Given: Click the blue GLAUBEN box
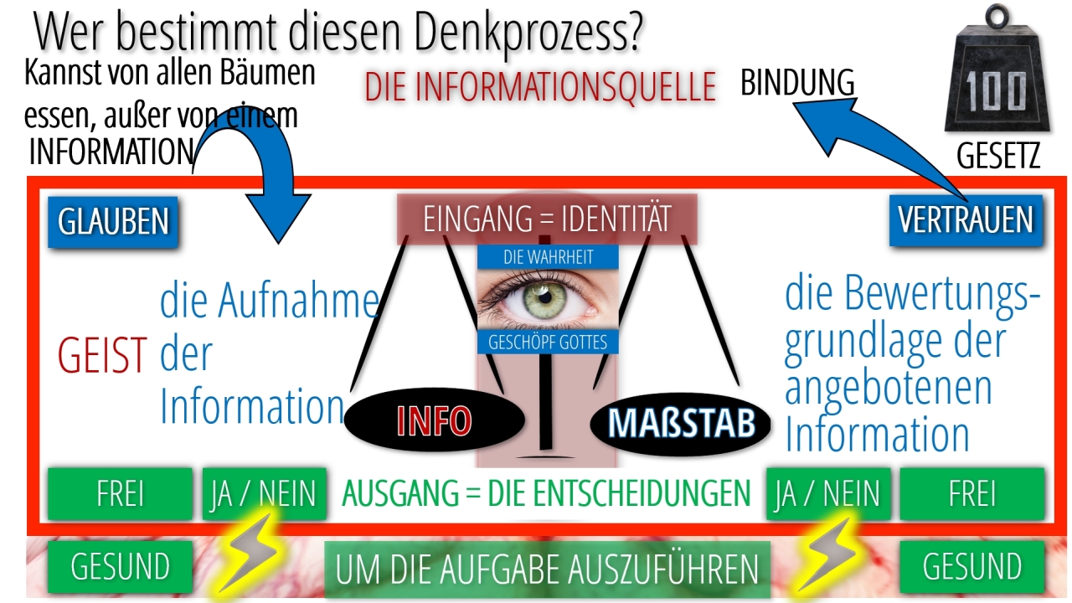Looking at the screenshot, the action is (113, 222).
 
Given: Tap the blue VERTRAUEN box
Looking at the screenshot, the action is (966, 220).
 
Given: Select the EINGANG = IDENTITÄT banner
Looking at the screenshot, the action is (547, 219).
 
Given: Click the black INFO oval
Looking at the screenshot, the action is (434, 420).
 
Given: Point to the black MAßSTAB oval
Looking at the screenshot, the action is (681, 423).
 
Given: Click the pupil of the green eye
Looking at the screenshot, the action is (545, 297).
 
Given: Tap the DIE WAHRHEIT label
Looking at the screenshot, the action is (548, 257).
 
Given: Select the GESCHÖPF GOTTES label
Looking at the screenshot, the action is (548, 343).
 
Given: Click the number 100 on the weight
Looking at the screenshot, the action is (996, 91).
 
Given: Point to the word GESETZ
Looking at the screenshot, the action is (998, 156).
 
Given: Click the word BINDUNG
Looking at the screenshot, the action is (797, 82).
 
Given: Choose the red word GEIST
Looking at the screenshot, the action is (102, 355).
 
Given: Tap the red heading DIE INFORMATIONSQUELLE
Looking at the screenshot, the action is (540, 86).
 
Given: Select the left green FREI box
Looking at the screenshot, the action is (120, 493).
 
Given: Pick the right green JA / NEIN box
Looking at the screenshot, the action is (828, 493).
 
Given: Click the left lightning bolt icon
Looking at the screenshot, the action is (250, 554).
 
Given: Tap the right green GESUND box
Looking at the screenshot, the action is (972, 567).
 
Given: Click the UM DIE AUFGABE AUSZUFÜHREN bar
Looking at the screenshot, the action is (547, 569).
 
